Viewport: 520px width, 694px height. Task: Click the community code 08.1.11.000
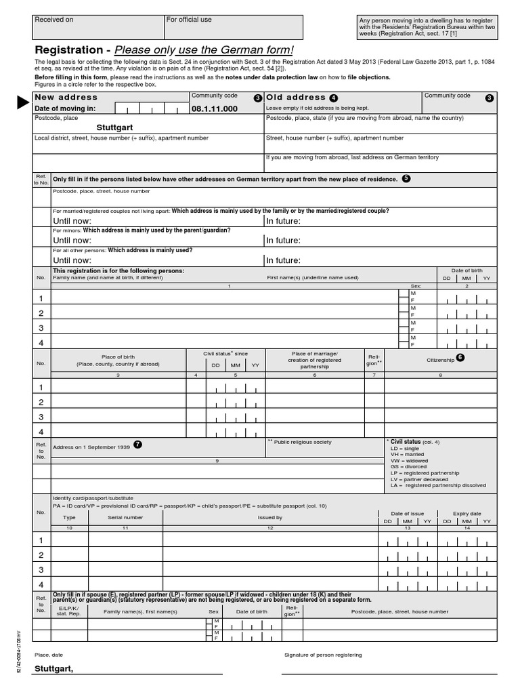(215, 109)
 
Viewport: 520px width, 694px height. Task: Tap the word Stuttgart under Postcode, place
(114, 127)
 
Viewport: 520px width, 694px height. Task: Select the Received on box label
(54, 20)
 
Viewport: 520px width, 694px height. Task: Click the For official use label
(189, 20)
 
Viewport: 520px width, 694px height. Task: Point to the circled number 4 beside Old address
(333, 98)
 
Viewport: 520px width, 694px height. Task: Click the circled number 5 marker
(406, 178)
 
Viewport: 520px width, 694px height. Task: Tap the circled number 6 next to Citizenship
(460, 358)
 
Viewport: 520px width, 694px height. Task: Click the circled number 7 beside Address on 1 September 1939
(138, 445)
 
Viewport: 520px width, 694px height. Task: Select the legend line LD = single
(405, 449)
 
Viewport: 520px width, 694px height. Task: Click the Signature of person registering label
(323, 655)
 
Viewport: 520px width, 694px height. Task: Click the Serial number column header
(125, 517)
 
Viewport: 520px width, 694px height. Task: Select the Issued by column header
(270, 517)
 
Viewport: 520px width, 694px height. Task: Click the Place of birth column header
(118, 356)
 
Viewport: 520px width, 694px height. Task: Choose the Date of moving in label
(65, 109)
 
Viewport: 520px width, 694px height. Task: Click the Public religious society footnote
(302, 442)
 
